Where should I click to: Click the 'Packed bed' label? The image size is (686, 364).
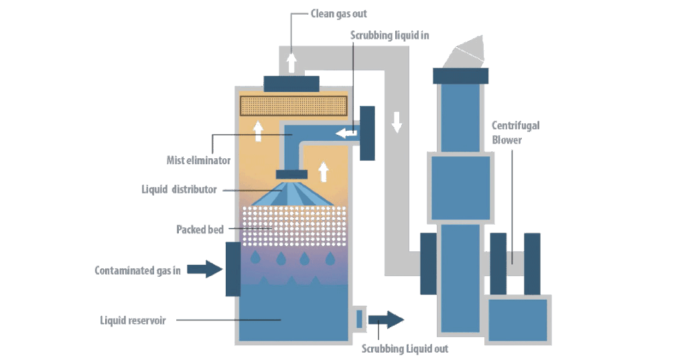tap(200, 229)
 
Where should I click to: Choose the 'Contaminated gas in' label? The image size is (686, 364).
tap(137, 271)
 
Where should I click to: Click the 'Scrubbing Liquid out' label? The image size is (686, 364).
tap(405, 349)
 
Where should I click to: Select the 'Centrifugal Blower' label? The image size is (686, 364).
tap(515, 132)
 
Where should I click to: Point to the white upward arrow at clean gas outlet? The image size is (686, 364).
tap(291, 63)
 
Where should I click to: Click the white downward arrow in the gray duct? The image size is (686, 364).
tap(397, 121)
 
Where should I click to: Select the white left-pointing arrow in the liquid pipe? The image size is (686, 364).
tap(346, 133)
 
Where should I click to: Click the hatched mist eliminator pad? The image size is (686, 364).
tap(293, 105)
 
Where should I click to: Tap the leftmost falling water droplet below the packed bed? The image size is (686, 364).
tap(255, 257)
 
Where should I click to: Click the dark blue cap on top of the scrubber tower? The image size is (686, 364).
tap(291, 83)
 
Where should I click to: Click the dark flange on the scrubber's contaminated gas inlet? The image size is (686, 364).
tap(232, 269)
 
